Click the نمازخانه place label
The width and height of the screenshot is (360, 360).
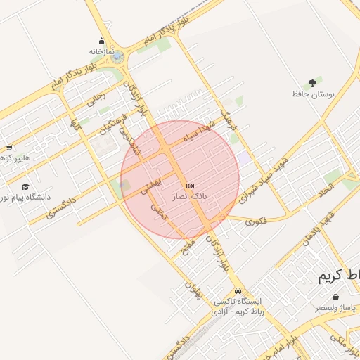(x=101, y=51)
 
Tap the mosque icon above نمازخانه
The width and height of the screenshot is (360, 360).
(x=101, y=41)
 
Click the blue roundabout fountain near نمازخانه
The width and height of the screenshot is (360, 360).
(x=117, y=56)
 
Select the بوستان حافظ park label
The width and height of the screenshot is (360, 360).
(x=311, y=94)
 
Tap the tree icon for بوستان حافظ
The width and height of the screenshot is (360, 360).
(x=312, y=83)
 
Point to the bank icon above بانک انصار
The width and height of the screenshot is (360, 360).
(x=189, y=186)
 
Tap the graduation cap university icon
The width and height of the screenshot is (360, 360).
(x=26, y=186)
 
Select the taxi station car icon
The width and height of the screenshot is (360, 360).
(x=238, y=290)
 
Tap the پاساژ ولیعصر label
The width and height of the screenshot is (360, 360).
(x=337, y=308)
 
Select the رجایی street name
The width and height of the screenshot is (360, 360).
(x=95, y=99)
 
